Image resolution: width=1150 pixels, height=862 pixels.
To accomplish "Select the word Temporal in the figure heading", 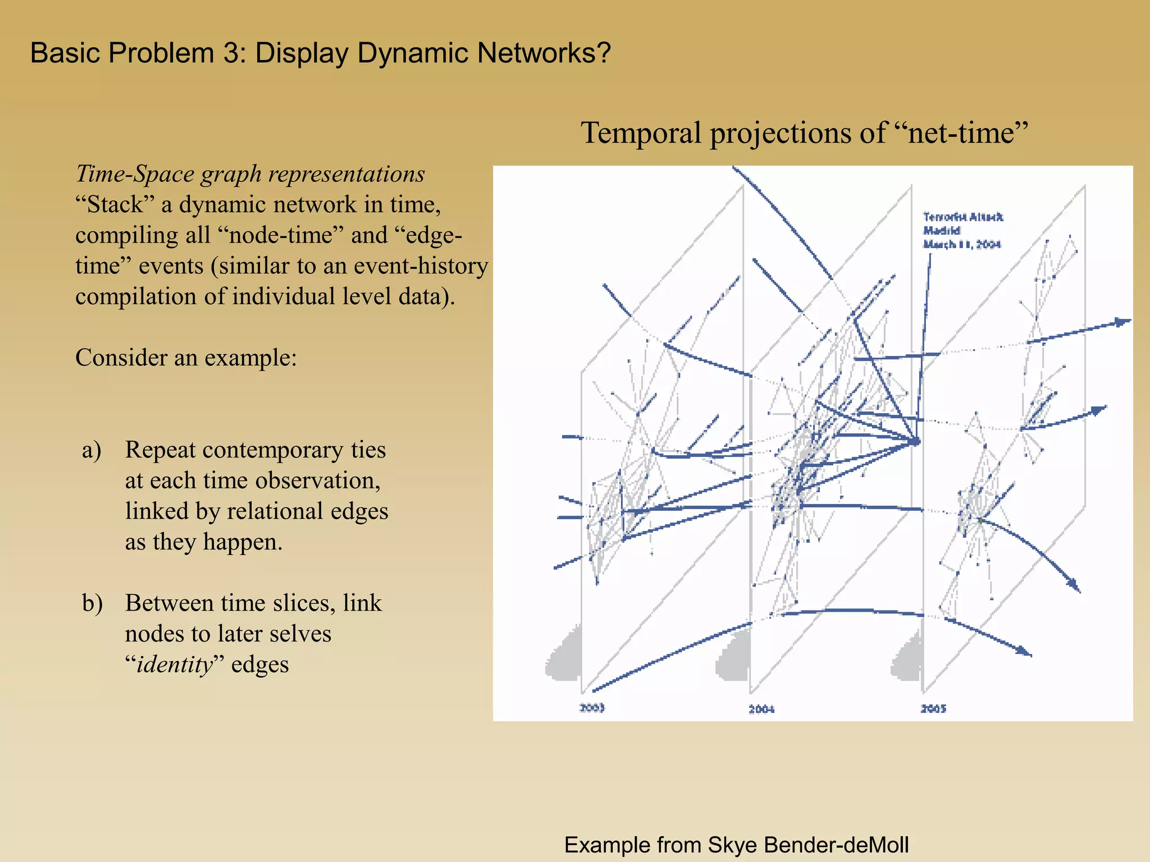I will point(641,134).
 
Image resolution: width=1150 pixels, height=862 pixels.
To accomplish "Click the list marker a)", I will point(92,450).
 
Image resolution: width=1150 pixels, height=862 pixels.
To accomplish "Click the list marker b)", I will point(92,603).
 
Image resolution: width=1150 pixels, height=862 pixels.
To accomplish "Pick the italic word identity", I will point(175,665).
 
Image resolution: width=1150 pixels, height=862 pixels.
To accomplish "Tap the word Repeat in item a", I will point(160,450).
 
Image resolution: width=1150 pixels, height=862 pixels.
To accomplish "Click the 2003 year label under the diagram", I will point(592,708).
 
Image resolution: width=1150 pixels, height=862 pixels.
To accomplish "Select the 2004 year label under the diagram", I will point(761,709).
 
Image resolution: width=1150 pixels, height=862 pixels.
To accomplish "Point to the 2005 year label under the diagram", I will point(933,709).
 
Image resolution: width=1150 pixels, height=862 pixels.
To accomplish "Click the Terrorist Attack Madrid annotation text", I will point(962,230).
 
